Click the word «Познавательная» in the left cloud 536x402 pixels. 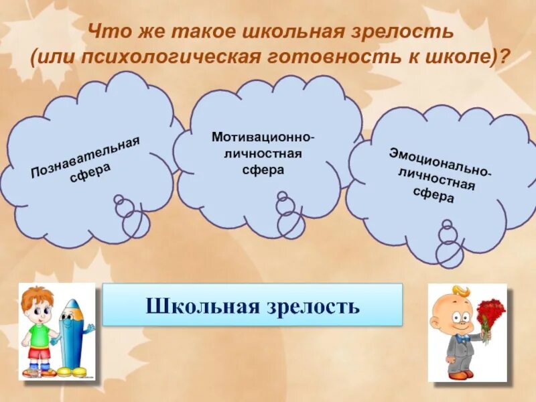pyautogui.click(x=84, y=157)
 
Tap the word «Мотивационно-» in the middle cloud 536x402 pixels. pyautogui.click(x=263, y=137)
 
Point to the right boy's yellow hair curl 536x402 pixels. pyautogui.click(x=462, y=291)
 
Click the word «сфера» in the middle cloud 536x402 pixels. pyautogui.click(x=263, y=170)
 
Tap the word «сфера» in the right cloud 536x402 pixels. pyautogui.click(x=433, y=195)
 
